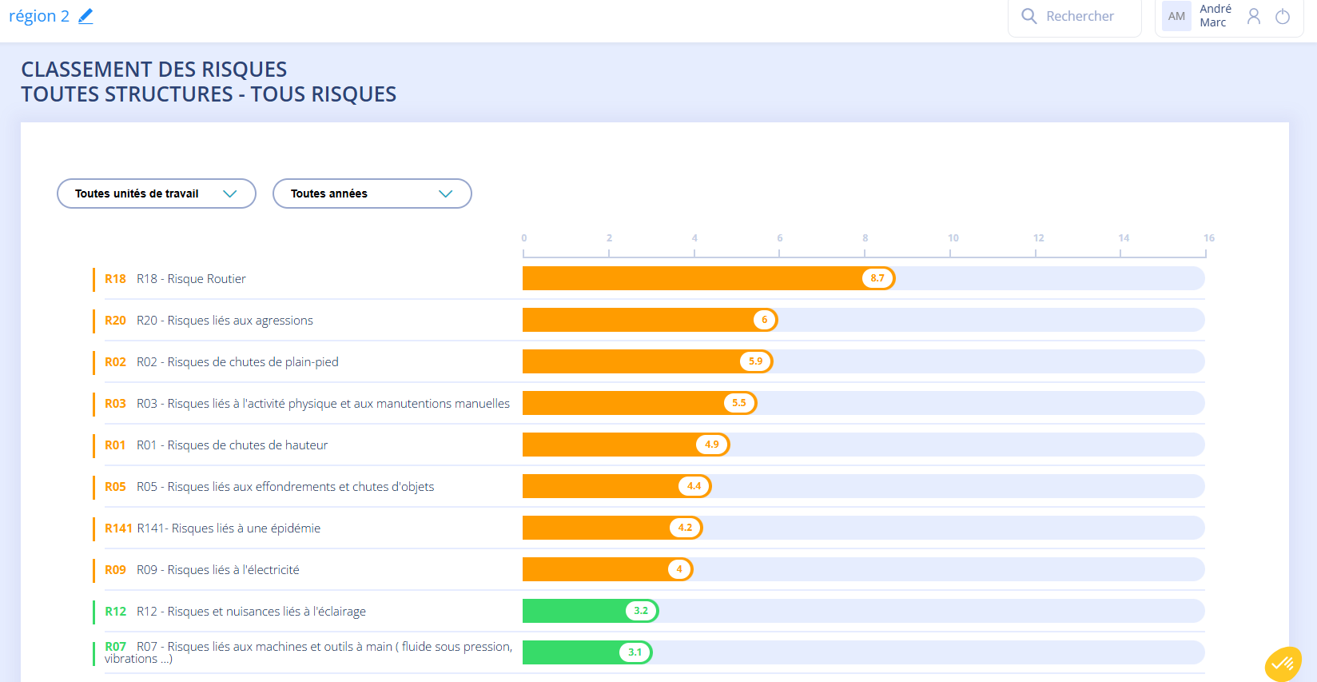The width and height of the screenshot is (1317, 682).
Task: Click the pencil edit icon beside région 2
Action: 86,16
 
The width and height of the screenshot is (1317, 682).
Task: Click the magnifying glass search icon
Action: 1029,16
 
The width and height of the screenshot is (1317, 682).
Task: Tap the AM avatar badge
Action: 1176,16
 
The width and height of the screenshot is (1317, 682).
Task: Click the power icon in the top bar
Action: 1283,17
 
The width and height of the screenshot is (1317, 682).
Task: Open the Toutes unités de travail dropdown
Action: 157,193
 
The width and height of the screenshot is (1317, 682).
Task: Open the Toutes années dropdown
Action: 372,193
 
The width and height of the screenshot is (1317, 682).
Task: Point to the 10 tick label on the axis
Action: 953,237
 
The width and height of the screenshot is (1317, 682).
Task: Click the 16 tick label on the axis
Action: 1209,237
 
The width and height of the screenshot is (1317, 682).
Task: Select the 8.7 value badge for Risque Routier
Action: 877,278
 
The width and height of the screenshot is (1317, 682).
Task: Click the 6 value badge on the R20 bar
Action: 764,320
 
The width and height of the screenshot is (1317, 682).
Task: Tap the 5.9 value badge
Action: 755,361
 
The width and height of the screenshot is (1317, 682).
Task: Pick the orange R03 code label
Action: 115,404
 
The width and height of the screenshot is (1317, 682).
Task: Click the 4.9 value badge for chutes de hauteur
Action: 712,445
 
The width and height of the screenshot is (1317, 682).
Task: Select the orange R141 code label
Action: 118,528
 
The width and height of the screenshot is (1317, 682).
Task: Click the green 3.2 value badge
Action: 641,611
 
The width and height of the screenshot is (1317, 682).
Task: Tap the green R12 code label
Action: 115,612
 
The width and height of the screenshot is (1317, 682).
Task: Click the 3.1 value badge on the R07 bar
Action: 635,652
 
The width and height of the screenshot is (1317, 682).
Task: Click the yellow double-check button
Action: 1283,664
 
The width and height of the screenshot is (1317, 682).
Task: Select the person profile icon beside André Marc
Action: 1254,17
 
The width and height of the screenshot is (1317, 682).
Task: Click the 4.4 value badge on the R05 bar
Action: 694,486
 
